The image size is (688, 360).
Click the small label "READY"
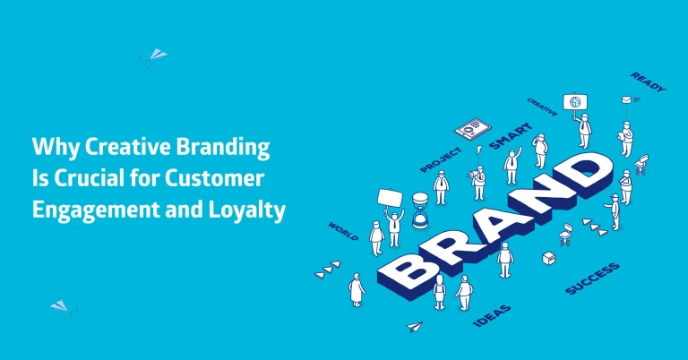tap(648, 82)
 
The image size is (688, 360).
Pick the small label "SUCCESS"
tap(592, 279)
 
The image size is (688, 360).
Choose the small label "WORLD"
tap(343, 231)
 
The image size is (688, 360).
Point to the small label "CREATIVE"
tap(543, 107)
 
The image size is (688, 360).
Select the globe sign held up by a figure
tap(574, 101)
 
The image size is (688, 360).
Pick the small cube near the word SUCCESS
tap(548, 258)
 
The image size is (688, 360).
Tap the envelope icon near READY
tap(626, 101)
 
